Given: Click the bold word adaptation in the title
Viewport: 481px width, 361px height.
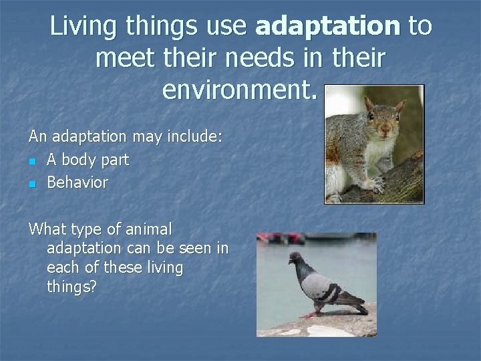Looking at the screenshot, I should pos(327,26).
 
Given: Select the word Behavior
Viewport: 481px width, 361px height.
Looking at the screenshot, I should pos(77,183).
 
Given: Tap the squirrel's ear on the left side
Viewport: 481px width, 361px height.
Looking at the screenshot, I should pos(369,104).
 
